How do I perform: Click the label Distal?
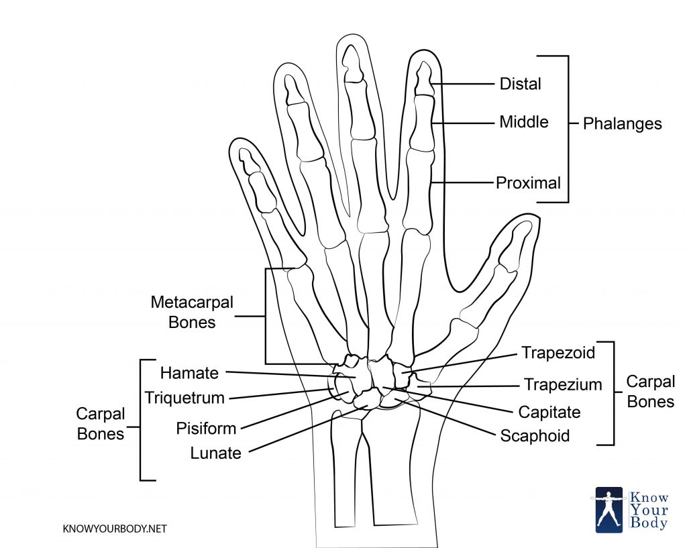click(520, 84)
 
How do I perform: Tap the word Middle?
click(523, 122)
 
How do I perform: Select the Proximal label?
click(528, 182)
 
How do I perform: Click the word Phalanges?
click(622, 124)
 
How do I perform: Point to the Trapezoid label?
click(558, 353)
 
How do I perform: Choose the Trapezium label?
click(562, 385)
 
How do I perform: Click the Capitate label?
click(549, 411)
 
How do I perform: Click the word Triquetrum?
click(184, 398)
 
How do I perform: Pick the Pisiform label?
click(206, 428)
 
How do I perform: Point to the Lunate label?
click(215, 453)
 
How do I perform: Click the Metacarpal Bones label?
click(192, 312)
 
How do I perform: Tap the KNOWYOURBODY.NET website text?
click(114, 529)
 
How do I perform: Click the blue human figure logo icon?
click(609, 509)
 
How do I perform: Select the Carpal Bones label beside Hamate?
click(101, 424)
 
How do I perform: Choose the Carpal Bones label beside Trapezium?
click(650, 391)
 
